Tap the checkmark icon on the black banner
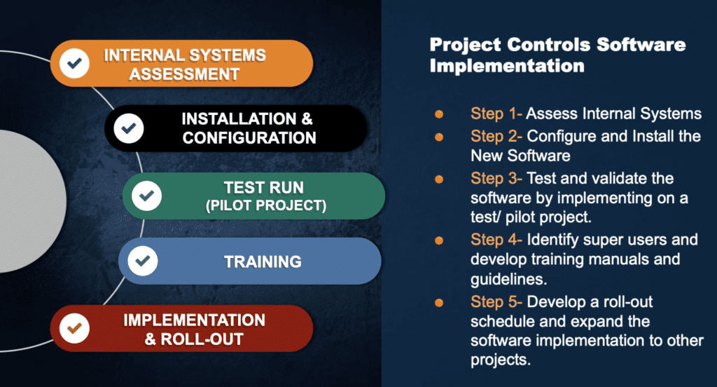(x=128, y=128)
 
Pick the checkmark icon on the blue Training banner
(x=142, y=262)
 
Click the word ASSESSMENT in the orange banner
(x=186, y=74)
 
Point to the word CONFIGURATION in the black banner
(x=249, y=137)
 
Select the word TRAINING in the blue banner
(x=263, y=262)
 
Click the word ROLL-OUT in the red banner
(x=203, y=339)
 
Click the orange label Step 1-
(x=496, y=114)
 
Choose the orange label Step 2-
(x=496, y=135)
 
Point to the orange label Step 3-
(x=496, y=179)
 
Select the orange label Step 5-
(x=496, y=302)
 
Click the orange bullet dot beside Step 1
(x=439, y=114)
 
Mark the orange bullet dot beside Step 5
(x=439, y=303)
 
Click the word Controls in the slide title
(x=543, y=46)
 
